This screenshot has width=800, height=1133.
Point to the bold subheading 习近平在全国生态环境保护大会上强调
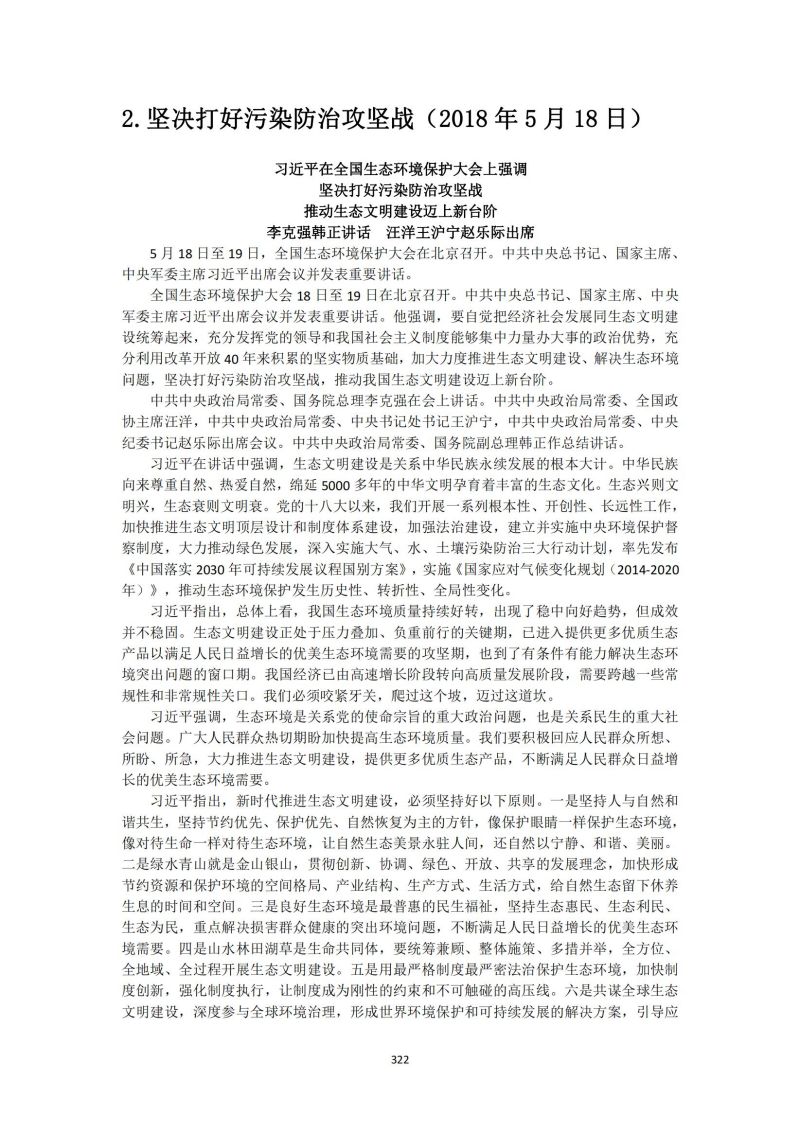click(400, 169)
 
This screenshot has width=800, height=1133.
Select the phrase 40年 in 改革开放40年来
click(250, 359)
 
